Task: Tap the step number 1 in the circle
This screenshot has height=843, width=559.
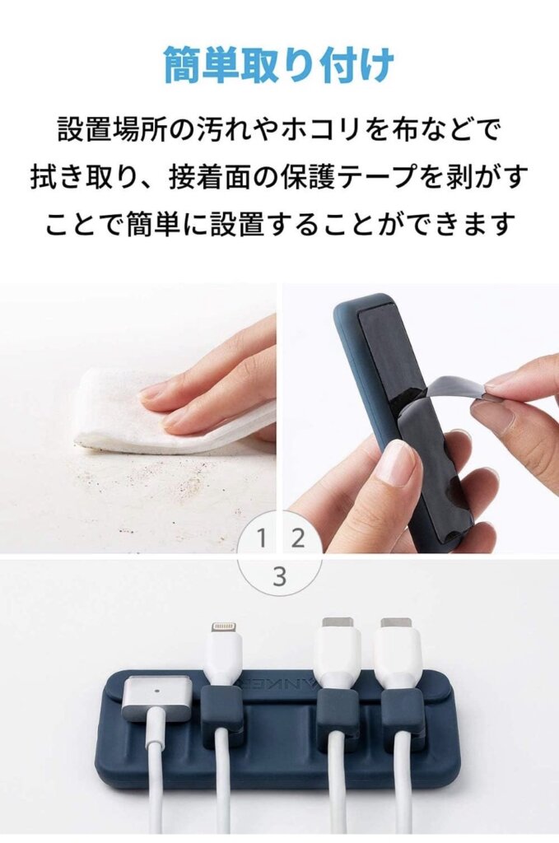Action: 262,538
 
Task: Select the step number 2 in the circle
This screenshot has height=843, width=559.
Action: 298,538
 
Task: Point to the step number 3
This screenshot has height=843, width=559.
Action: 280,577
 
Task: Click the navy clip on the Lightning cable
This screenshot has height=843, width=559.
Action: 223,712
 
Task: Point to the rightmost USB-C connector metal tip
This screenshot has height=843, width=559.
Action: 396,624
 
